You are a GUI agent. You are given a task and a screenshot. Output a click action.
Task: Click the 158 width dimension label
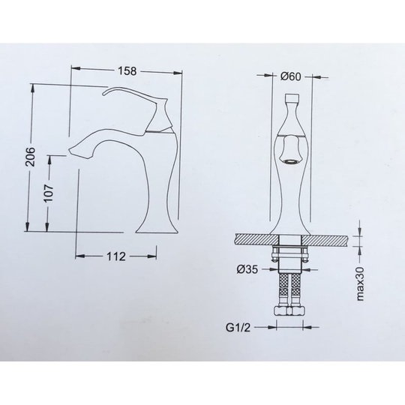[x=127, y=70]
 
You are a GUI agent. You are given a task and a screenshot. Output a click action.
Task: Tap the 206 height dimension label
[x=31, y=157]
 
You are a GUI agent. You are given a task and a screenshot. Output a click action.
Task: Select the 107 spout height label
[x=49, y=193]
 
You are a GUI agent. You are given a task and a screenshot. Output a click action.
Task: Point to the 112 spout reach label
[x=116, y=256]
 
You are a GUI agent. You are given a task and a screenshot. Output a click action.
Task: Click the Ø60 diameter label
[x=290, y=76]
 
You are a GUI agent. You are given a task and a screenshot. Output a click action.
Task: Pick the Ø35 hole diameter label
[x=247, y=269]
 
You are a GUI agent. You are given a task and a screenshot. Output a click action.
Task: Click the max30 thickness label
[x=360, y=283]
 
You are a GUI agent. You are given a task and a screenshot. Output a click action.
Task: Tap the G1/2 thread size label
[x=238, y=328]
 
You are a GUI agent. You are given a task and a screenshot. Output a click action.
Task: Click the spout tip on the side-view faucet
[x=70, y=151]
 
